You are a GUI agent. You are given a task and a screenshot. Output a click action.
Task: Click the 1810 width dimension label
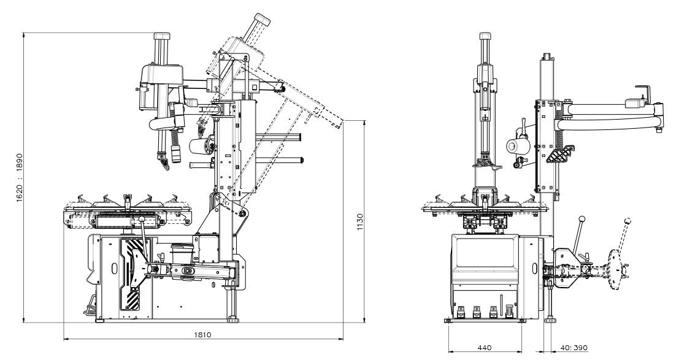point(203,335)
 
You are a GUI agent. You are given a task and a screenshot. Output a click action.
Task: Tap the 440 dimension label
point(485,348)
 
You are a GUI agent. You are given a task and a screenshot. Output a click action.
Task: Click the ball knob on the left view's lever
point(142,220)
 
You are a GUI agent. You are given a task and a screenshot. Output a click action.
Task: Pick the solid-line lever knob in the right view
point(581,220)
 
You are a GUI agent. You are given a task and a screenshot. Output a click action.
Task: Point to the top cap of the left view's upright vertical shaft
point(161,37)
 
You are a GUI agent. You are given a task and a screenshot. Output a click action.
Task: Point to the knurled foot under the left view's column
point(234,318)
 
